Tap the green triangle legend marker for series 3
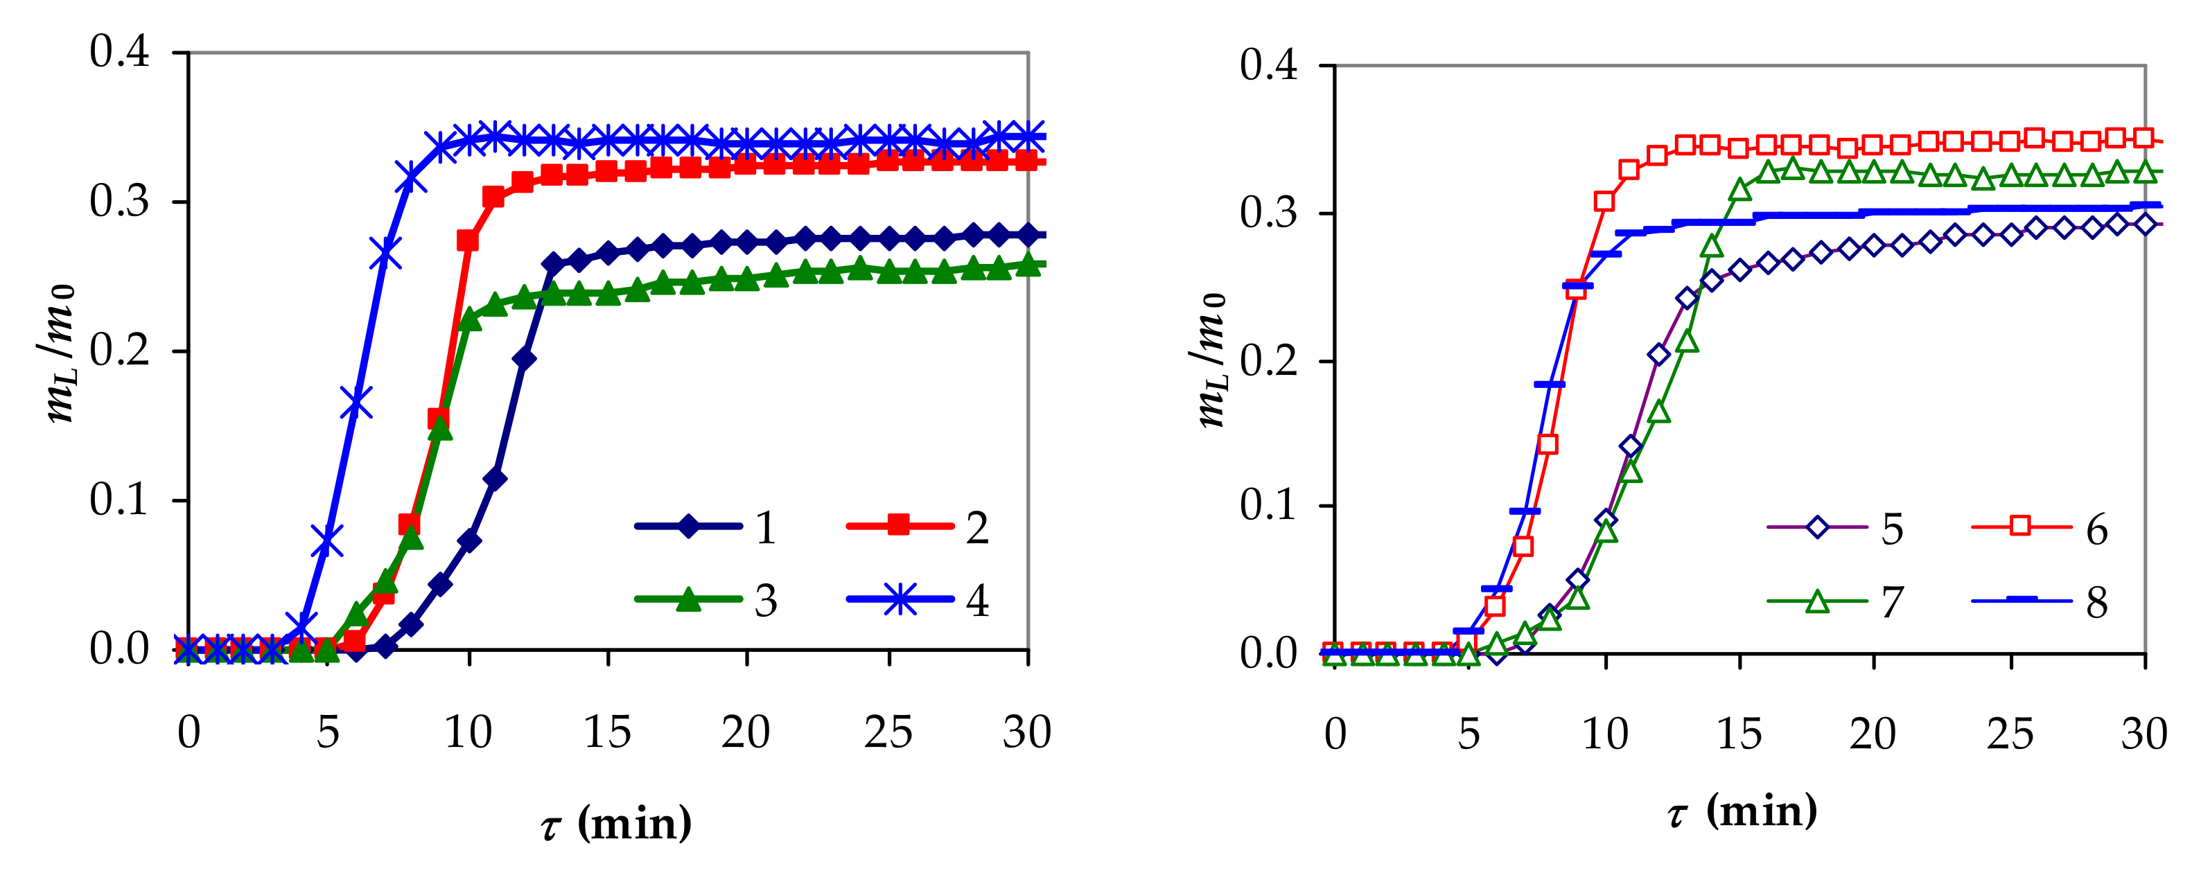pos(690,600)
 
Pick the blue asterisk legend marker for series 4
pos(900,600)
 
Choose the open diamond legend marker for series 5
pos(1817,527)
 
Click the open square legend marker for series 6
pos(2021,527)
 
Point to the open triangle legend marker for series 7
pos(1817,601)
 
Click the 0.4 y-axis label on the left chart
pos(119,53)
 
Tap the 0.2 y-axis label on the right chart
pos(1268,362)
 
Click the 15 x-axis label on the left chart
pos(608,732)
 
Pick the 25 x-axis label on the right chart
pos(2010,734)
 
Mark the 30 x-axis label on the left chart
pos(1027,732)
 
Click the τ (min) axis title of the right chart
pos(1741,811)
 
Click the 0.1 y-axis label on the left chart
pos(119,500)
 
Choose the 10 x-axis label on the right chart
pos(1605,734)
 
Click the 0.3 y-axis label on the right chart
pos(1268,213)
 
